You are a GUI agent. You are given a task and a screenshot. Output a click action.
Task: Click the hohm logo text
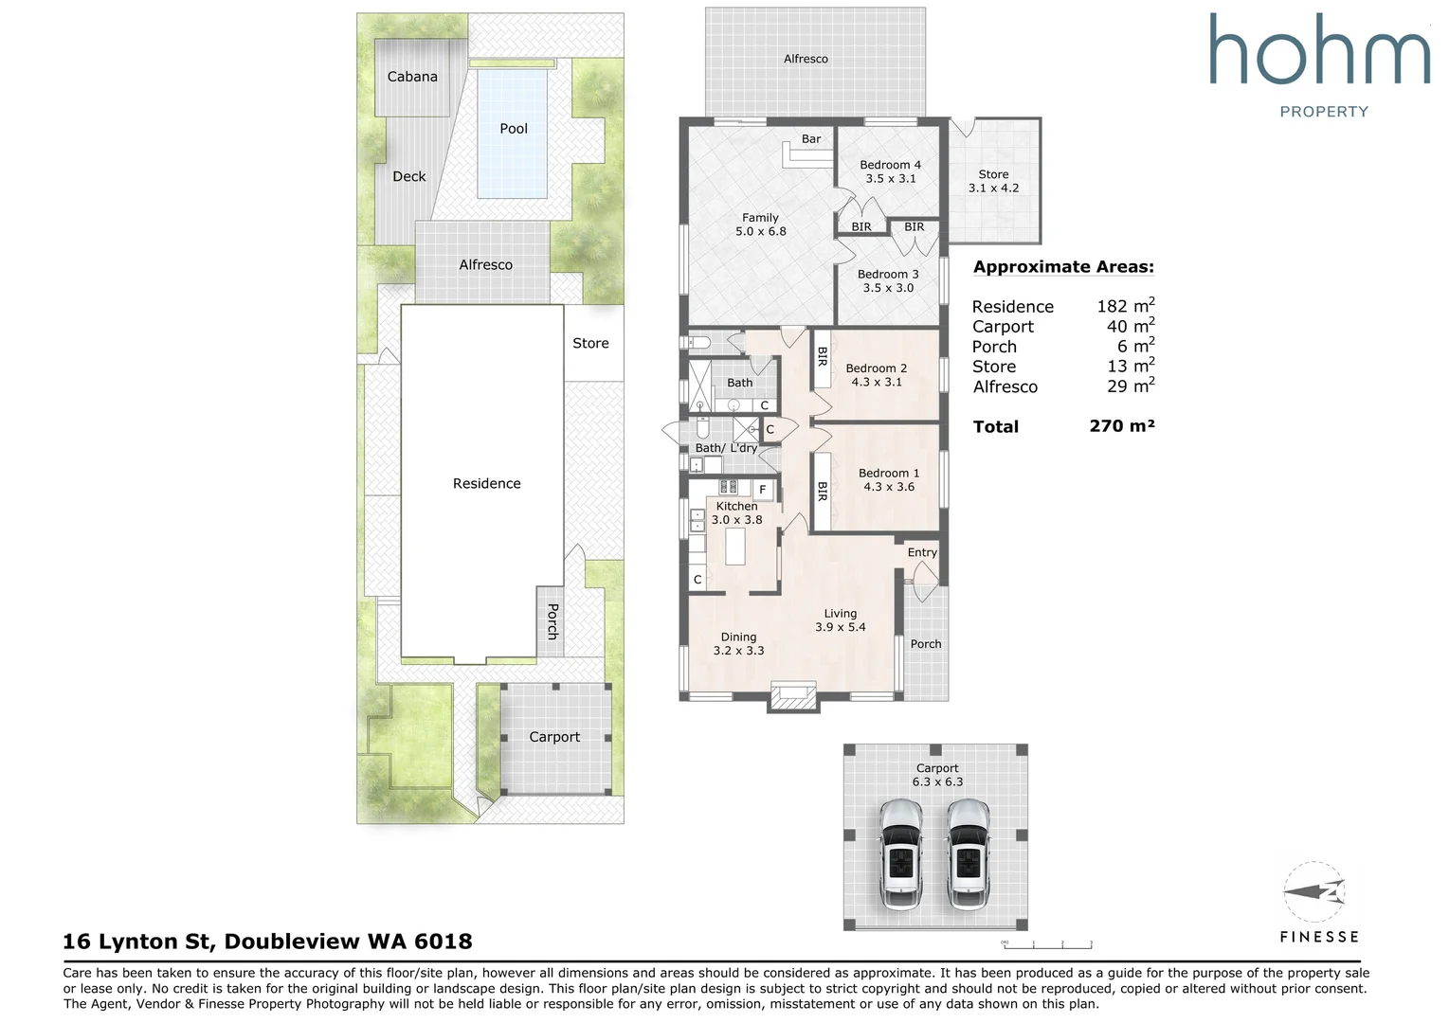(x=1319, y=50)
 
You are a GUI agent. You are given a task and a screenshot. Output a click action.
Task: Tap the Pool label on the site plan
(x=514, y=128)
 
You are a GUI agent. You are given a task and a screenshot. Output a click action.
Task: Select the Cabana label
(x=412, y=77)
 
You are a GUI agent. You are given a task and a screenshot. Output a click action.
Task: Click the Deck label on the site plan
(x=408, y=176)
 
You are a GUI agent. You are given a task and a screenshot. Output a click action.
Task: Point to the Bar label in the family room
(x=811, y=138)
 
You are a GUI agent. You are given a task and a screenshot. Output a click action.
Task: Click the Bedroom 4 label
(x=890, y=165)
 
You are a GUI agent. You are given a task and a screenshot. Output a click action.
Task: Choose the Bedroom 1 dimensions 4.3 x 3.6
(x=889, y=487)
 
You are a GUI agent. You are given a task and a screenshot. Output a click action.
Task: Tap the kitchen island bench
(x=735, y=547)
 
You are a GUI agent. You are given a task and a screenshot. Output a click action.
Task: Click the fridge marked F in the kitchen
(x=763, y=490)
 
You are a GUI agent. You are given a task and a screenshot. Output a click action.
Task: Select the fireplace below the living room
(x=794, y=697)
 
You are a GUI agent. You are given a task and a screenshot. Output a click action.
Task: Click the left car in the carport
(x=900, y=853)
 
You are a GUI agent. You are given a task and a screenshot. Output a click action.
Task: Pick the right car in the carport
(x=969, y=853)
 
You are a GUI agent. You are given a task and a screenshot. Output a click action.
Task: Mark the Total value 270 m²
(x=1122, y=425)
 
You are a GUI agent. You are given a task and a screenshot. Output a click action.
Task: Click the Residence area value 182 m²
(x=1126, y=305)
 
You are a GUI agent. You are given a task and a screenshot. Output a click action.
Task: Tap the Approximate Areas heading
(x=1063, y=266)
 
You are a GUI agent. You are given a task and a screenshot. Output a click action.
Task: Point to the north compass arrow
(x=1313, y=891)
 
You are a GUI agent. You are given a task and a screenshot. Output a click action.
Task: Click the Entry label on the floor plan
(x=922, y=552)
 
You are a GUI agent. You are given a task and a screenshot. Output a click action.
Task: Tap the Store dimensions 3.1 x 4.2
(x=993, y=188)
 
